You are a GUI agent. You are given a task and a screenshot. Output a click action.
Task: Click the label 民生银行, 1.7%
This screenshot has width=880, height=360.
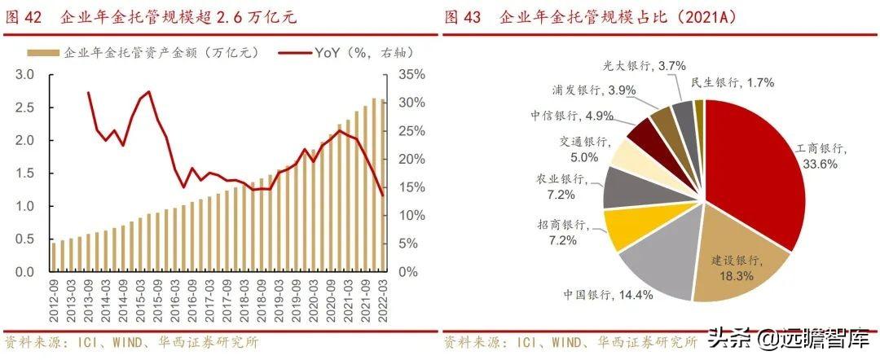[x=733, y=81]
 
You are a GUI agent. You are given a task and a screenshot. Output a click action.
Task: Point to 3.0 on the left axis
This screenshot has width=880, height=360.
[x=25, y=74]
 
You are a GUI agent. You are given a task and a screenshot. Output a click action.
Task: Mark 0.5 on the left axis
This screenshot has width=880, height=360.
[x=25, y=239]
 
